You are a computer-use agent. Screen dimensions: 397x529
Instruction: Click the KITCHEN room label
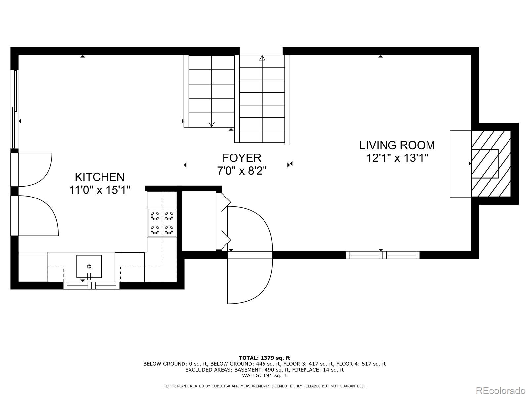[x=100, y=177]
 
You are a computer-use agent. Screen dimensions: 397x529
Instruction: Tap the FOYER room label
[x=242, y=158]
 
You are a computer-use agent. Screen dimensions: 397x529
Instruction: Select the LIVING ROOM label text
[x=397, y=145]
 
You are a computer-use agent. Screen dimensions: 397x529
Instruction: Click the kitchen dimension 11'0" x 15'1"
[x=100, y=190]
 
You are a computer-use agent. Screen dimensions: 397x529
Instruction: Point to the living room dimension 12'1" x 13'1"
[x=397, y=158]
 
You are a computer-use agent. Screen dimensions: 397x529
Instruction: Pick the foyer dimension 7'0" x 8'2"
[x=242, y=171]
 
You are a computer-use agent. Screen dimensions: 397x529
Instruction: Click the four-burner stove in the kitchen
[x=162, y=223]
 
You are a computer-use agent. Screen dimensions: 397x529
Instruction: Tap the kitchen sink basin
[x=89, y=266]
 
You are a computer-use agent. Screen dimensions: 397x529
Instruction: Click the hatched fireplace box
[x=491, y=164]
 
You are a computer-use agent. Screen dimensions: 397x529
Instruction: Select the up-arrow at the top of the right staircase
[x=262, y=59]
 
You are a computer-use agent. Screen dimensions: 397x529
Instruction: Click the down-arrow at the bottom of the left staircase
[x=212, y=124]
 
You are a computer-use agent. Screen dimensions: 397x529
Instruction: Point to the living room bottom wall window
[x=383, y=255]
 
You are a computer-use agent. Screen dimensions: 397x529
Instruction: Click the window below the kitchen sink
[x=92, y=286]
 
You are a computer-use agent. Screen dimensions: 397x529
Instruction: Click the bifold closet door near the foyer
[x=225, y=221]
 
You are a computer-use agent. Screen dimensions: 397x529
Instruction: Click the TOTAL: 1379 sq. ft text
[x=264, y=358]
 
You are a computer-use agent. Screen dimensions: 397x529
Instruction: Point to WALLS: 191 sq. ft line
[x=264, y=375]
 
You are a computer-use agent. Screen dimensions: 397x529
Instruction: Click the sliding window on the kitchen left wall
[x=15, y=109]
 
